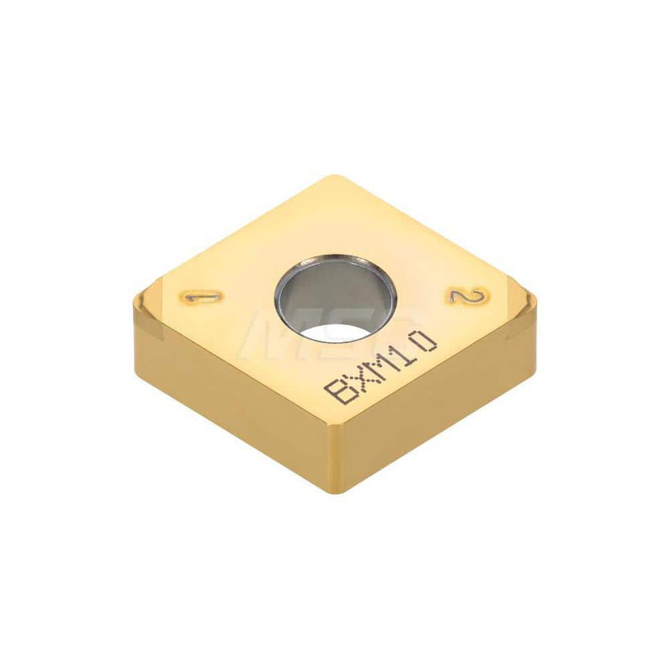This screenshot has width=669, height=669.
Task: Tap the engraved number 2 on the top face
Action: point(468,296)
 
